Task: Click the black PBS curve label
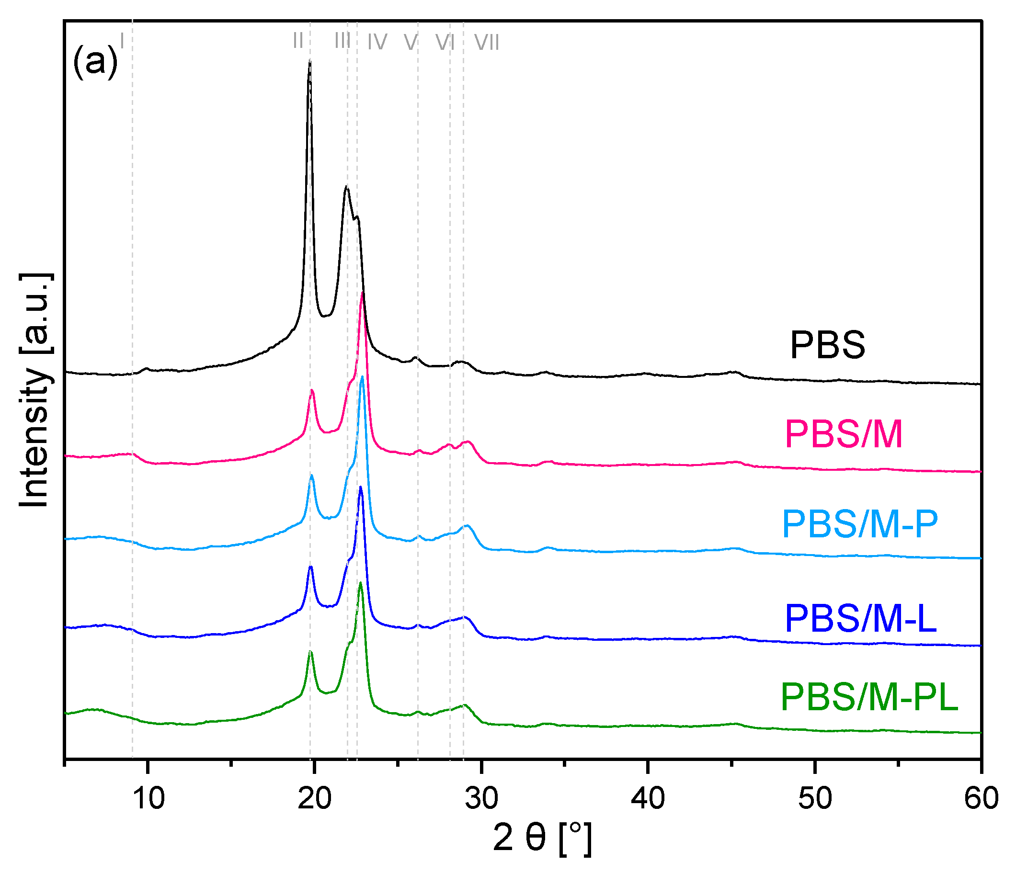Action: pos(827,345)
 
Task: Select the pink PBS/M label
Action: pos(844,434)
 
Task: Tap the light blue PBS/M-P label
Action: pos(860,524)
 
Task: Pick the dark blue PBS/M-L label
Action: pos(861,619)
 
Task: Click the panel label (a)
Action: pos(96,62)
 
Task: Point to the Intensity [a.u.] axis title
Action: pos(35,390)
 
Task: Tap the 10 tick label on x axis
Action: pos(148,797)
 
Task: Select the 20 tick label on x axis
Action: pos(314,797)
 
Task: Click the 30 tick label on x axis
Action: pos(481,797)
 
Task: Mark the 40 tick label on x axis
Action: pos(648,797)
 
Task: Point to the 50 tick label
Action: pos(814,797)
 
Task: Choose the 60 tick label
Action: pos(981,797)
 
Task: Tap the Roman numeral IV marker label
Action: pos(377,42)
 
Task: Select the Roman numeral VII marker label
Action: pos(486,43)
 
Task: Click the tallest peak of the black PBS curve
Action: pos(309,61)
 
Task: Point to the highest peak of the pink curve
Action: pos(362,293)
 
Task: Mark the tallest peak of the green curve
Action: pos(360,583)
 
